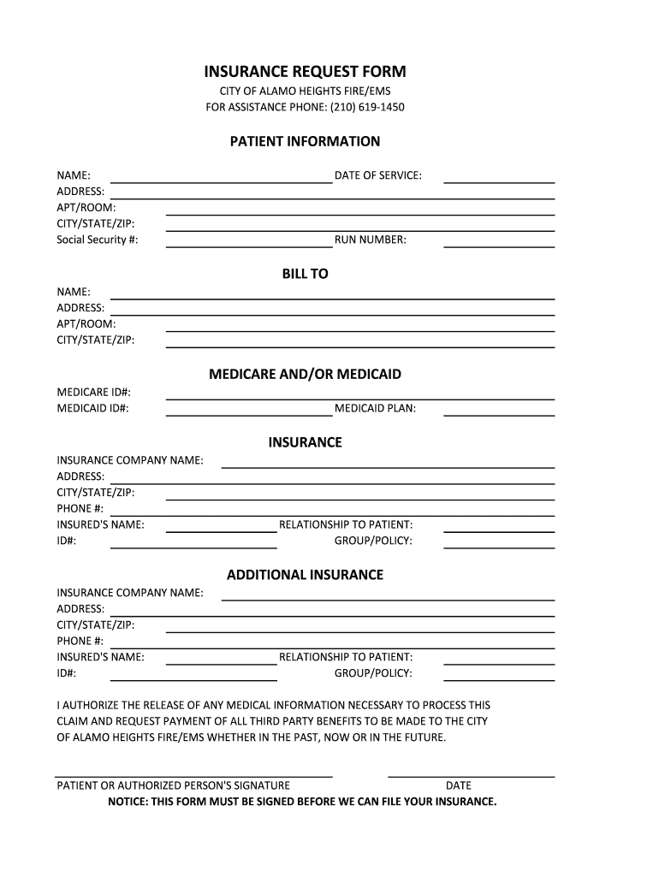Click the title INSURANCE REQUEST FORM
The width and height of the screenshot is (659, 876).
pos(305,72)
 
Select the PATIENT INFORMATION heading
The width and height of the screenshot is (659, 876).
pos(305,141)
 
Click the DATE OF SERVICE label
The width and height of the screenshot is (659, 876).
pos(377,175)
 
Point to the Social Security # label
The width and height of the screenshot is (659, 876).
pos(97,240)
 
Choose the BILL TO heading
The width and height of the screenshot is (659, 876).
pos(305,274)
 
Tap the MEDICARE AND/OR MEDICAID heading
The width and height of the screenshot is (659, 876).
pos(305,375)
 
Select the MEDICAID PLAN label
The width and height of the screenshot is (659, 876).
pos(375,408)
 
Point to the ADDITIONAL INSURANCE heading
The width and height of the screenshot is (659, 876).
pos(305,575)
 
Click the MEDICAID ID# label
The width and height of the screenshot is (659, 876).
pos(92,408)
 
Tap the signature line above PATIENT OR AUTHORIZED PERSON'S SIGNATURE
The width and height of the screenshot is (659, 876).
pos(194,775)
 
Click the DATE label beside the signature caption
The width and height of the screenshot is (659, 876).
pos(458,785)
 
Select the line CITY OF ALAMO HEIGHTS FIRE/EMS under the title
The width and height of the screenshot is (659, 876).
pos(305,92)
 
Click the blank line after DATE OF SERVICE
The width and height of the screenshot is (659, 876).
pos(499,181)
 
